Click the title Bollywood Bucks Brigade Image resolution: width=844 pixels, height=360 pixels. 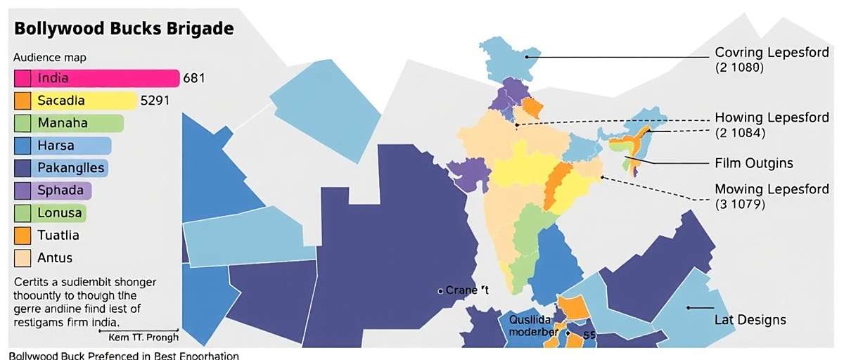click(x=124, y=29)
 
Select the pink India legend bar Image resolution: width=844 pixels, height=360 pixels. click(x=97, y=78)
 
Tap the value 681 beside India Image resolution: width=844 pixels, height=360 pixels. click(x=194, y=78)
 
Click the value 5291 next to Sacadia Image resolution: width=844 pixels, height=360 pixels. click(x=155, y=101)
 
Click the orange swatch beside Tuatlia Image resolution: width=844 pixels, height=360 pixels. click(x=22, y=236)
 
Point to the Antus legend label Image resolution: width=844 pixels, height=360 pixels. click(x=56, y=258)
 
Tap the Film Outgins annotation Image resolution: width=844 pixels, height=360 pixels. click(x=753, y=163)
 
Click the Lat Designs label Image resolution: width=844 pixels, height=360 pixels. click(x=750, y=320)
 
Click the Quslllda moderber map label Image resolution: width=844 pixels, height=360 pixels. click(x=533, y=325)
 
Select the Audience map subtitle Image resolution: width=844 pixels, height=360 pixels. click(x=49, y=58)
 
